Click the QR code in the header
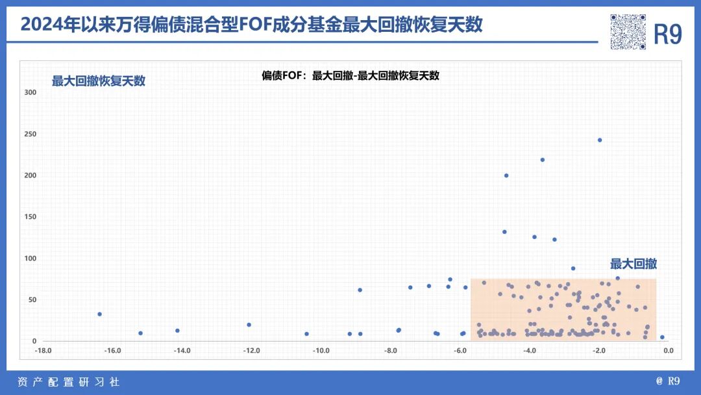pyautogui.click(x=628, y=32)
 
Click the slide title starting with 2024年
pyautogui.click(x=252, y=25)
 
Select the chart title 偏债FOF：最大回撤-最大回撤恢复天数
pyautogui.click(x=350, y=75)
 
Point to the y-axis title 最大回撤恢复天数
pyautogui.click(x=99, y=81)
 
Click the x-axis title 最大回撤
pyautogui.click(x=633, y=264)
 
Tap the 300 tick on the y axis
pyautogui.click(x=31, y=92)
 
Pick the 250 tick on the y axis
pyautogui.click(x=31, y=134)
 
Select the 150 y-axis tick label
pyautogui.click(x=31, y=217)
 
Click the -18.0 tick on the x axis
pyautogui.click(x=43, y=351)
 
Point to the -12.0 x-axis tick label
pyautogui.click(x=251, y=351)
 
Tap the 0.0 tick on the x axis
pyautogui.click(x=668, y=351)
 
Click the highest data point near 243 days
pyautogui.click(x=600, y=140)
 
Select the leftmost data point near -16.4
pyautogui.click(x=99, y=314)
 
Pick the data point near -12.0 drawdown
pyautogui.click(x=249, y=325)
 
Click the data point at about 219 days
pyautogui.click(x=543, y=160)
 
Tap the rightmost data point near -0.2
pyautogui.click(x=662, y=337)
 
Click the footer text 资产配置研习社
pyautogui.click(x=68, y=382)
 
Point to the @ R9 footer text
pyautogui.click(x=669, y=382)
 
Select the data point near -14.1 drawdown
pyautogui.click(x=177, y=331)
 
